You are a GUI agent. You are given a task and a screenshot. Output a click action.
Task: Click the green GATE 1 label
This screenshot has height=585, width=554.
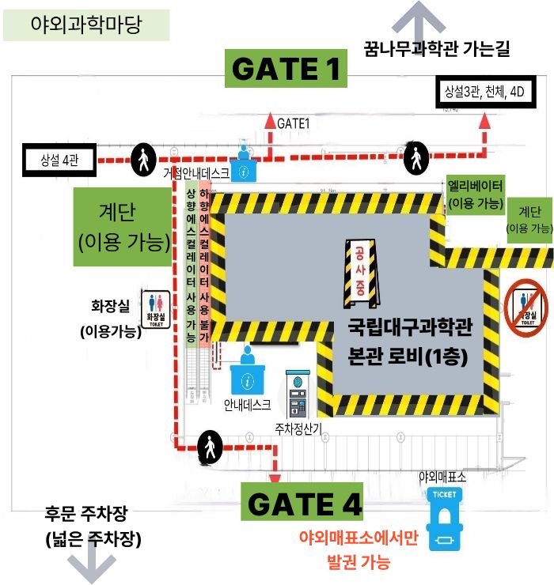[286, 69]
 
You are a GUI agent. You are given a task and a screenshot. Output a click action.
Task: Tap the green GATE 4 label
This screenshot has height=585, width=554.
[302, 503]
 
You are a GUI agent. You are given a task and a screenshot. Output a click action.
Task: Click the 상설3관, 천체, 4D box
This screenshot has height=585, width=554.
[484, 92]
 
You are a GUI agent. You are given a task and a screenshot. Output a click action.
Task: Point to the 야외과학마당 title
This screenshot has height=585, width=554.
[86, 25]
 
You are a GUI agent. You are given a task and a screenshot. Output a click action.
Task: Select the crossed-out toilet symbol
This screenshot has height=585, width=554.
[526, 307]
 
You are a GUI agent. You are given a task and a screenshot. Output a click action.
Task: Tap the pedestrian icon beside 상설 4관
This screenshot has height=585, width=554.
[143, 160]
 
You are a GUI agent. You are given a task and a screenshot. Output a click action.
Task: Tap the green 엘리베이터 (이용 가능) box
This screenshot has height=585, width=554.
[475, 194]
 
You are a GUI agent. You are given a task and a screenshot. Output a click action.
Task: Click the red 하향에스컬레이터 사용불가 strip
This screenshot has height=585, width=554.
[205, 266]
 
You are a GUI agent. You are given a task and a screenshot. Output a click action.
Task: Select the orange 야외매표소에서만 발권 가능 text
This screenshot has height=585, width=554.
[358, 550]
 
